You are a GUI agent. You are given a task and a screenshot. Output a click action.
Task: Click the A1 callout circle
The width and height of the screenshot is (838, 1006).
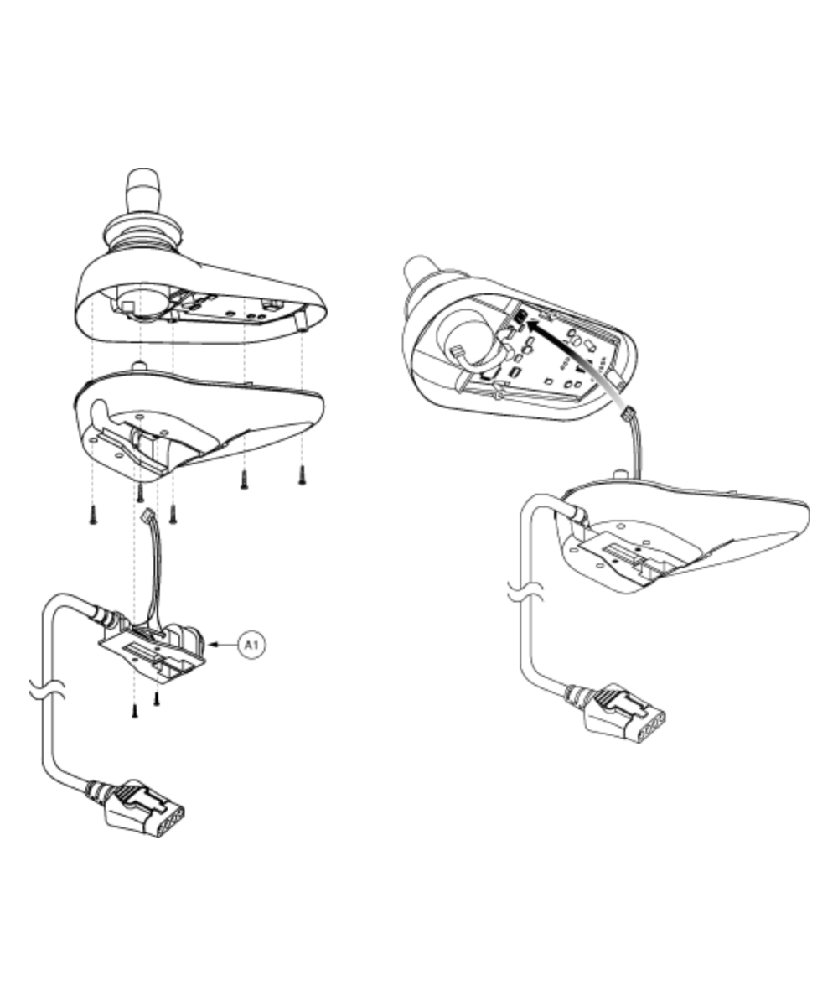click(251, 645)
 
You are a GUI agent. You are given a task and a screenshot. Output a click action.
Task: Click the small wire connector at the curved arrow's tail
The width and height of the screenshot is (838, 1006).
click(628, 413)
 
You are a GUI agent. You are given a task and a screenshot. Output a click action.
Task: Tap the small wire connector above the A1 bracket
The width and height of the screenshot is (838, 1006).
click(147, 516)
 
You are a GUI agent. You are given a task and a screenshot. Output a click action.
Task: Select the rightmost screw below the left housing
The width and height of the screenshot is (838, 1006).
click(302, 475)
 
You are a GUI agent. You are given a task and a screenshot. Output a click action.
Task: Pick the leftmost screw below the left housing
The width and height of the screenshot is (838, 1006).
click(93, 515)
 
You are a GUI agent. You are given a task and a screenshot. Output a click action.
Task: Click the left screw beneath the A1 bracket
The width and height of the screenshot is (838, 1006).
click(135, 709)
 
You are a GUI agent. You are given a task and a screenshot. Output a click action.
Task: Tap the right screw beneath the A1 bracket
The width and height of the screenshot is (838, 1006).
click(157, 697)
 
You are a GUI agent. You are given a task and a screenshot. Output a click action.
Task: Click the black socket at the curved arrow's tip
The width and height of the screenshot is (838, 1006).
click(520, 317)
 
